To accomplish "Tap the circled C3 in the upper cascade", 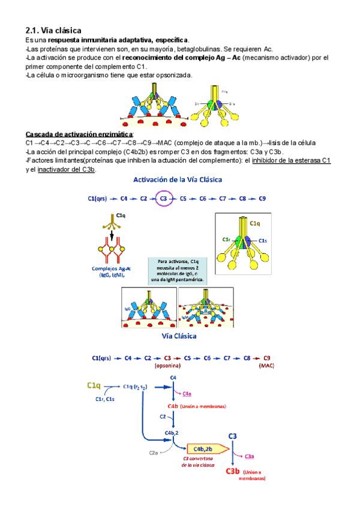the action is (163, 198).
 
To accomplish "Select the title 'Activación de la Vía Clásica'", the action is (178, 180).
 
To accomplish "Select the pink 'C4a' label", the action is (187, 393).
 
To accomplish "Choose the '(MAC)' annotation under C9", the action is (266, 365).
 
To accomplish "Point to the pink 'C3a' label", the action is (249, 456).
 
